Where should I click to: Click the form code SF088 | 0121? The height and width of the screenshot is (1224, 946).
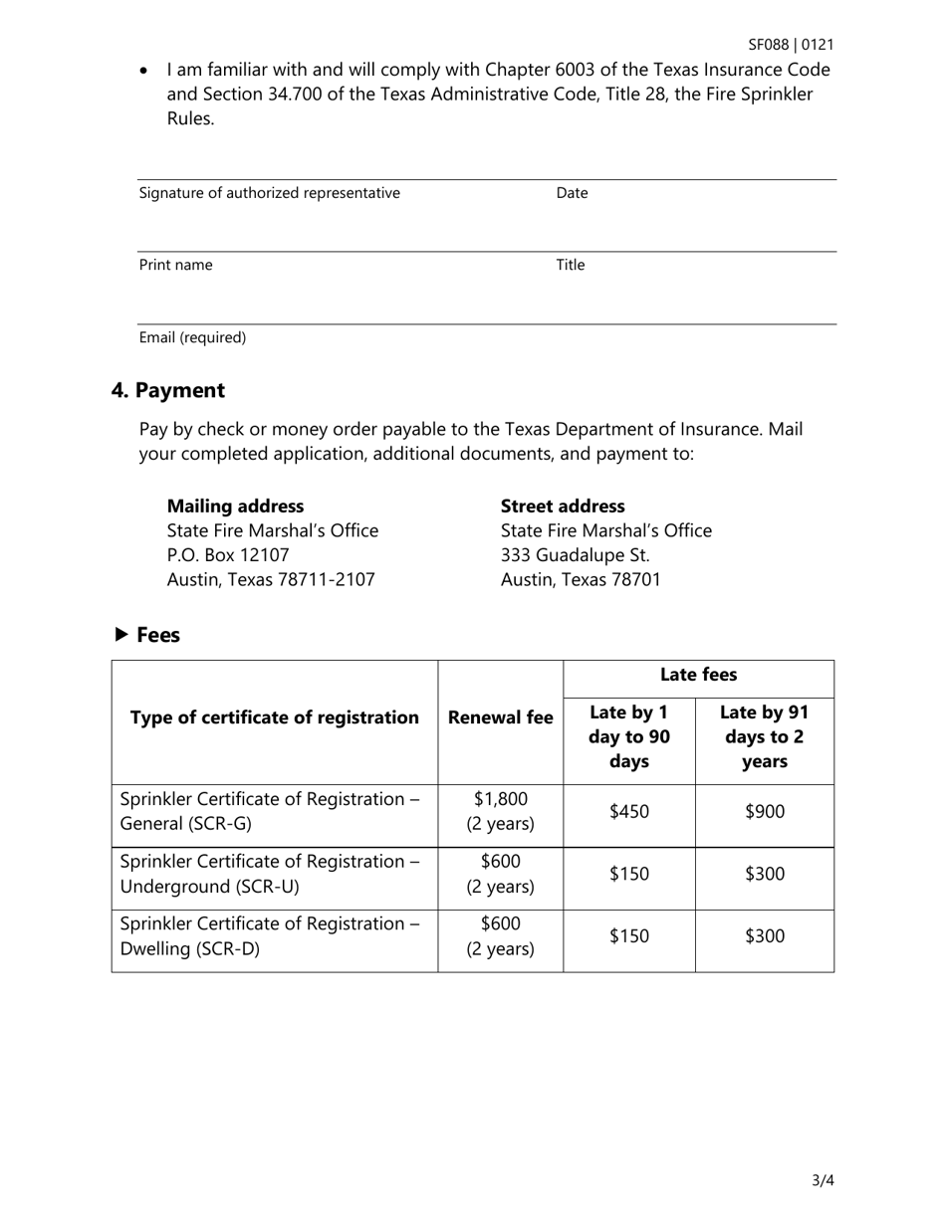[x=791, y=45]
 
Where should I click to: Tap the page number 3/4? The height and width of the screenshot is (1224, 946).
[x=823, y=1181]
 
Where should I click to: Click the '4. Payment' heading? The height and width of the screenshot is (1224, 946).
[x=168, y=390]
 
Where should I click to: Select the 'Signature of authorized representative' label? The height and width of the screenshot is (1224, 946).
[x=269, y=193]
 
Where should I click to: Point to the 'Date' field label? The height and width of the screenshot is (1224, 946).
[x=572, y=193]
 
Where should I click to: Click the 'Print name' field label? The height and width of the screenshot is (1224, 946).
[x=175, y=265]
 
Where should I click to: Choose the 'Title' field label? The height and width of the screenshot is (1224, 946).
[x=570, y=265]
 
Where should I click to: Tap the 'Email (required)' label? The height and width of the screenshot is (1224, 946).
[x=192, y=337]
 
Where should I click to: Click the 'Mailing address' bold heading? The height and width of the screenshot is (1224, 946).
[x=235, y=506]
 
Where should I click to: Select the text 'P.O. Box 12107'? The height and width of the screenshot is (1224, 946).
[x=228, y=555]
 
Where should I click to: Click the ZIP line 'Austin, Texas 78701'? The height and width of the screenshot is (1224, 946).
[x=580, y=579]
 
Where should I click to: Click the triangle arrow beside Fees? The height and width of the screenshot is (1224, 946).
[x=121, y=634]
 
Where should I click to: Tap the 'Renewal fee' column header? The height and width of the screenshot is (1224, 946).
[x=500, y=717]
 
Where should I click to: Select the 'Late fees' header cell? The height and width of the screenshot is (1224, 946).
[x=698, y=675]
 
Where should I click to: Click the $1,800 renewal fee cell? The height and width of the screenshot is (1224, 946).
[x=500, y=811]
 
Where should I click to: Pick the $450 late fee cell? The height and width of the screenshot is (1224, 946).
[x=628, y=812]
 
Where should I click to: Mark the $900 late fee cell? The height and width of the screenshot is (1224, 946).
[x=764, y=812]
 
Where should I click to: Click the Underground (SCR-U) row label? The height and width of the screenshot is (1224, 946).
[x=270, y=874]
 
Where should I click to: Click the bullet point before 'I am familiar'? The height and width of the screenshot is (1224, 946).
[x=146, y=71]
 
